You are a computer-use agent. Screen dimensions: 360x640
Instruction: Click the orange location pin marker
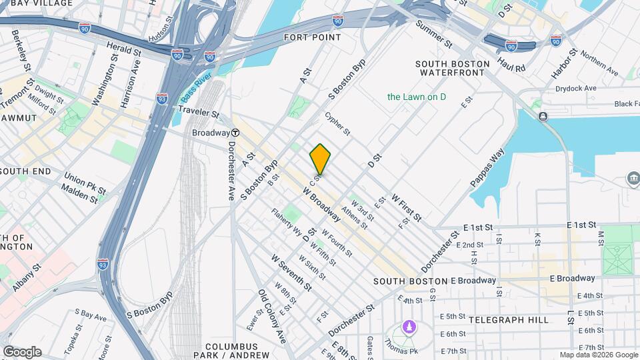[320, 159]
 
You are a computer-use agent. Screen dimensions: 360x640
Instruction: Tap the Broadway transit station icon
[236, 133]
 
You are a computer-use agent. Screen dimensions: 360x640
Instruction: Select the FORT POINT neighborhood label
[312, 37]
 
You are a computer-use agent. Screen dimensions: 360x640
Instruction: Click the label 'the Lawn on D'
[417, 97]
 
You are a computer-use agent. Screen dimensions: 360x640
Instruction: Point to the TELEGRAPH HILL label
[509, 320]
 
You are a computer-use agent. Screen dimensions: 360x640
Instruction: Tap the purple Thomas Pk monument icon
[408, 329]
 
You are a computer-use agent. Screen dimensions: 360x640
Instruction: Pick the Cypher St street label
[337, 123]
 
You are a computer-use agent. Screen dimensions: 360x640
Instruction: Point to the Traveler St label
[198, 111]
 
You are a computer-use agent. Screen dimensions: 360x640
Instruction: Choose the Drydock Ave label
[577, 88]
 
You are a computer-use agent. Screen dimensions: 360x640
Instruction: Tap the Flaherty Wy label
[286, 223]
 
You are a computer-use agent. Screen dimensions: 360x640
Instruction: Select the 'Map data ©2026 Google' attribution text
[598, 355]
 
